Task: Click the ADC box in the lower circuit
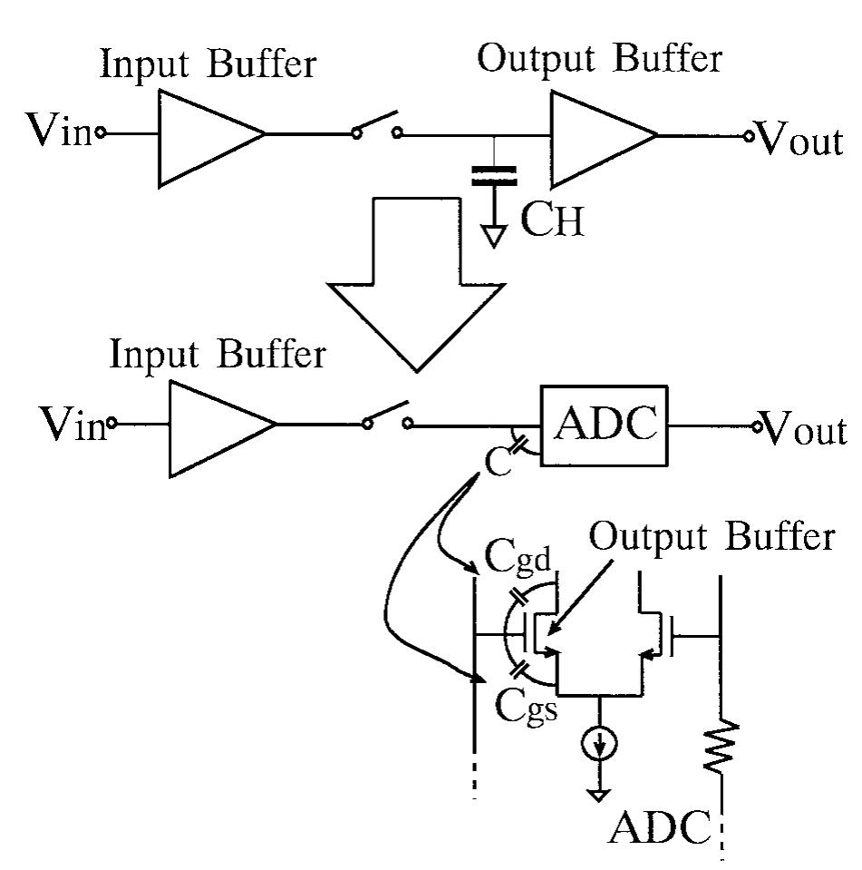tap(603, 426)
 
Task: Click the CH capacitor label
tap(553, 221)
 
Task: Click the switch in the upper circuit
tap(377, 128)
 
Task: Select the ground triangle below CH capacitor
tap(494, 236)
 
